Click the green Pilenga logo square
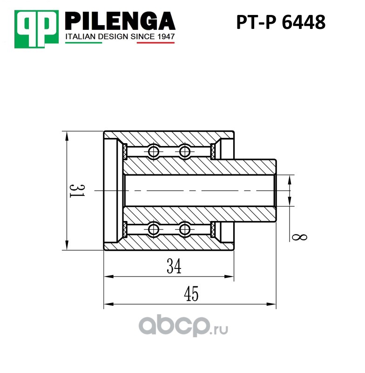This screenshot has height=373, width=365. [36, 29]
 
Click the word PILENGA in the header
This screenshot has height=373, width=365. [120, 21]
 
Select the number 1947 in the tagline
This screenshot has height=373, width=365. [166, 37]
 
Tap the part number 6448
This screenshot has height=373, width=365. [304, 22]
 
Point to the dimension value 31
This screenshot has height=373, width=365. [77, 191]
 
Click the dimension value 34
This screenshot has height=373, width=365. [174, 266]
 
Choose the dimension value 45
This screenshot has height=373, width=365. [191, 294]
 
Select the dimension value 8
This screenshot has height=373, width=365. [299, 237]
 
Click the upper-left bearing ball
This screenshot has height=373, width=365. [154, 151]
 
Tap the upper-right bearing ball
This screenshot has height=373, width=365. [185, 151]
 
